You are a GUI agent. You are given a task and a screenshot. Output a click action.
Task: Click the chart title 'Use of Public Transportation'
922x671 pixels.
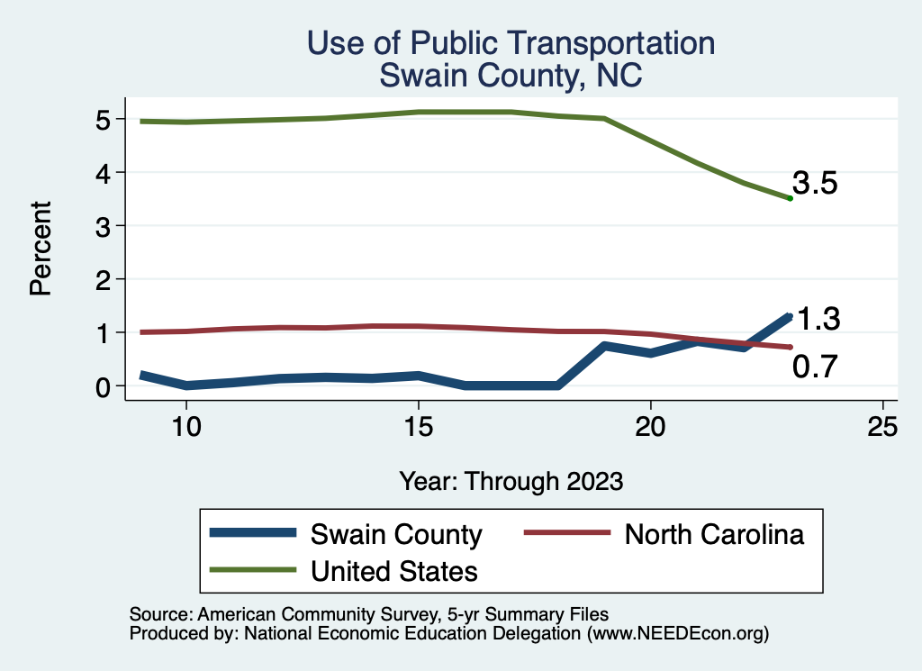click(511, 43)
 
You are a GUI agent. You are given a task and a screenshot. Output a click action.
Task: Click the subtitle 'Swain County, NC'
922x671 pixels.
click(511, 76)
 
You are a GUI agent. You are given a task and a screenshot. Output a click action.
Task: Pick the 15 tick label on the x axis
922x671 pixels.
click(418, 427)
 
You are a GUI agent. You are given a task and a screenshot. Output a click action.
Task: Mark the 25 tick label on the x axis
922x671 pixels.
click(882, 427)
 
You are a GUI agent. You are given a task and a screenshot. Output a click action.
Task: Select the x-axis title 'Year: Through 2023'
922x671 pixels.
click(511, 481)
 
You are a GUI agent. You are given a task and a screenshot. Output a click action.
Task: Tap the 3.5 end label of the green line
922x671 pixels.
click(816, 185)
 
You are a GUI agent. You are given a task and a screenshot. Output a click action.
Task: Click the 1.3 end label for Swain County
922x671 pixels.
click(818, 319)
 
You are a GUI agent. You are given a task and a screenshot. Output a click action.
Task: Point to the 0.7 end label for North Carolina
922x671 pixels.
click(816, 367)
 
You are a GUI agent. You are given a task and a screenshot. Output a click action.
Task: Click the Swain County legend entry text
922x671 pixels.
click(396, 534)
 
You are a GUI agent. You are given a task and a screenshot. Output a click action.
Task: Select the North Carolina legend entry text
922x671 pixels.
click(714, 534)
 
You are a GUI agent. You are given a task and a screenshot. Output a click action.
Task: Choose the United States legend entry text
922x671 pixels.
click(394, 570)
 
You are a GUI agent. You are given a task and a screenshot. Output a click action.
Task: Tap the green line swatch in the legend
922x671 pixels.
click(253, 570)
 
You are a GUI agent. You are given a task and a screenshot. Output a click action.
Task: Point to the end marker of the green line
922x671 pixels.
click(790, 198)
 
